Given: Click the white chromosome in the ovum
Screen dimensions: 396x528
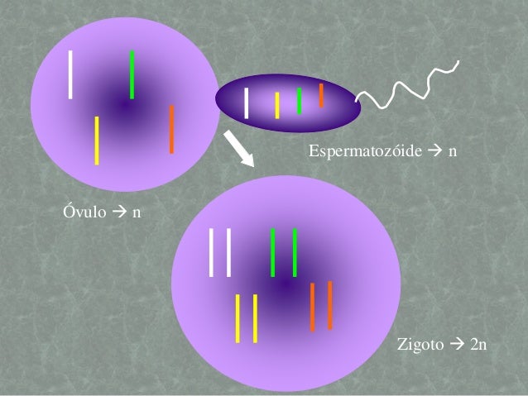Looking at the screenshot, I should (71, 74).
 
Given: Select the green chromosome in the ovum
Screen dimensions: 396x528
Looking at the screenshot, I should (132, 74).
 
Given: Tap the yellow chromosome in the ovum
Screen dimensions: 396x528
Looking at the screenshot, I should (97, 140).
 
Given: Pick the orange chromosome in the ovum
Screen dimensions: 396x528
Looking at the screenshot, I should (171, 129).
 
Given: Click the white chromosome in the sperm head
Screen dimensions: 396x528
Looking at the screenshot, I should (247, 103).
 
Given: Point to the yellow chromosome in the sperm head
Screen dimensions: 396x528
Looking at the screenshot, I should (277, 105).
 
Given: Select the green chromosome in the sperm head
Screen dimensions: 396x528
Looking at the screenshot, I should (299, 100).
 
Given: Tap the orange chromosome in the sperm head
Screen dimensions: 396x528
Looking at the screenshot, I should (321, 95).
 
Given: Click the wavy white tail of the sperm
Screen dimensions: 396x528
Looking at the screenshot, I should (409, 88).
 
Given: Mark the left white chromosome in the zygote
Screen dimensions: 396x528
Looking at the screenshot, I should (212, 251).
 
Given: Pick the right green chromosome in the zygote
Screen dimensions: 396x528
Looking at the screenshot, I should (295, 252).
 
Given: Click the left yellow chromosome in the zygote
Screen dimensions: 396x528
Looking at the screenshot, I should (238, 317).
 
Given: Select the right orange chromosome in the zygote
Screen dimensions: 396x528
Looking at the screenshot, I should (329, 305).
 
